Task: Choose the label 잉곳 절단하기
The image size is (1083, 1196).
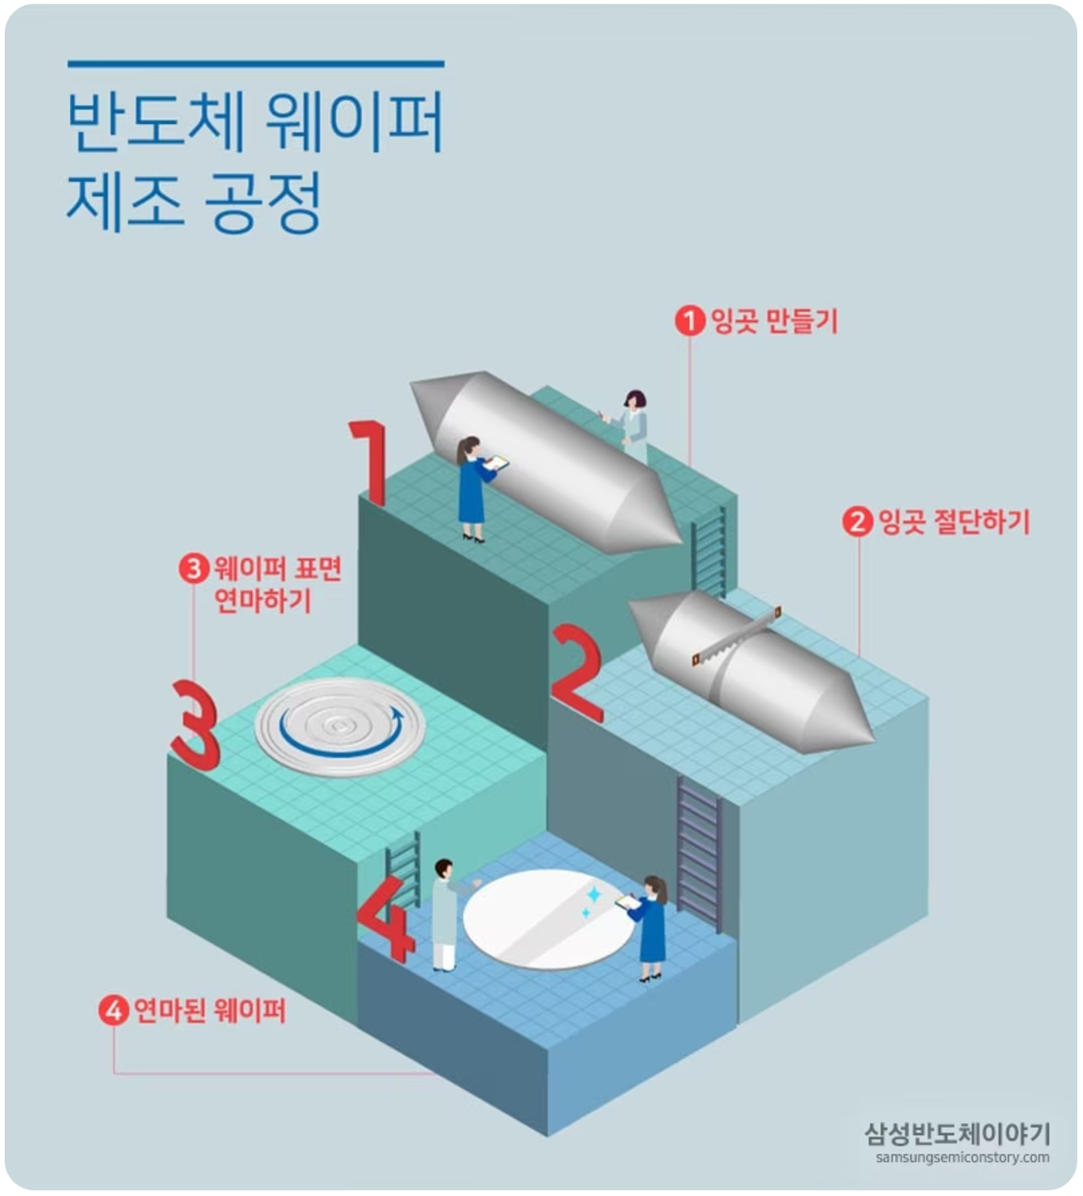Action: coord(954,521)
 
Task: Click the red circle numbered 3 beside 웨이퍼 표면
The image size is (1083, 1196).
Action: coord(194,569)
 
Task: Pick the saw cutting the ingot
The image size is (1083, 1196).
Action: coord(736,636)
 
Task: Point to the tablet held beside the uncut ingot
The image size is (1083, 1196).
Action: coord(496,462)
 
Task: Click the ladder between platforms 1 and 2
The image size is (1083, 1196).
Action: coord(709,552)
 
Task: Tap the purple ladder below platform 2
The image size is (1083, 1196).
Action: coord(699,854)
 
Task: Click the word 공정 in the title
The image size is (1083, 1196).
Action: coord(263,203)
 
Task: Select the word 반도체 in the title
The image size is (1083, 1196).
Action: coord(156,122)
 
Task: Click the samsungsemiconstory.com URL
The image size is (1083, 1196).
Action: coord(963,1157)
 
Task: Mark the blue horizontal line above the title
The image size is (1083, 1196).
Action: coord(256,63)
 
